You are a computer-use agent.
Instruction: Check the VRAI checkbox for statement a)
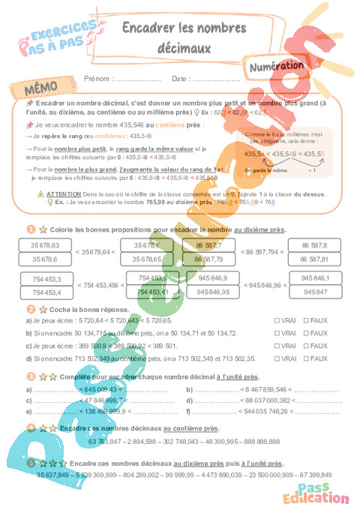tap(277, 320)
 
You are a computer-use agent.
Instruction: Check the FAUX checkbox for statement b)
tap(306, 333)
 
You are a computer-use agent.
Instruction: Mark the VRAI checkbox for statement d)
tap(277, 358)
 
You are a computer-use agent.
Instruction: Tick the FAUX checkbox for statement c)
tap(306, 346)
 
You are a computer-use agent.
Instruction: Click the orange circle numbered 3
tap(30, 376)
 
